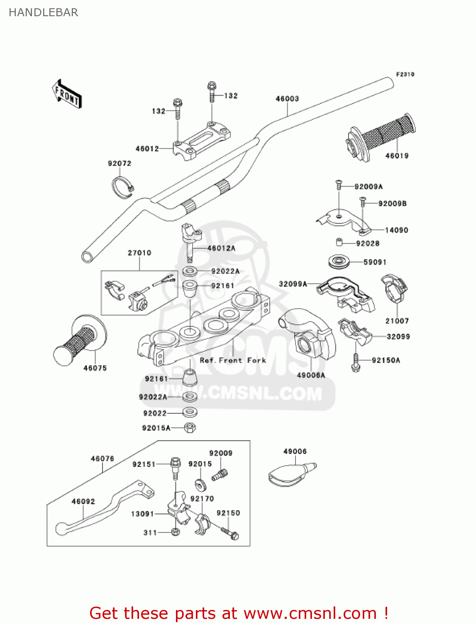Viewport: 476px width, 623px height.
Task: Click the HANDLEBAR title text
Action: click(x=43, y=12)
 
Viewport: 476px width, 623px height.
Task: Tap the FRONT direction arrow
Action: click(x=67, y=94)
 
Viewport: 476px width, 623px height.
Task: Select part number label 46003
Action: click(x=287, y=99)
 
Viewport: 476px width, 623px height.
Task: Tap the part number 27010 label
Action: click(x=139, y=253)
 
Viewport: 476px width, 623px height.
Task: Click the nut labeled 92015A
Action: click(x=190, y=427)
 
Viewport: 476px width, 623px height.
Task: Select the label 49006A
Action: click(x=311, y=375)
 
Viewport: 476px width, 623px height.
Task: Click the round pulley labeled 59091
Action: click(x=339, y=262)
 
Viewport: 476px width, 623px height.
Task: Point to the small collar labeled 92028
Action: click(x=339, y=242)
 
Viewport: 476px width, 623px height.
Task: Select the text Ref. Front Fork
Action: click(x=233, y=361)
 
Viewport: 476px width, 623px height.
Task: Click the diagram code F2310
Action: click(x=405, y=74)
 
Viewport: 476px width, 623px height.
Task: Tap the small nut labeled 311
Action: click(x=176, y=532)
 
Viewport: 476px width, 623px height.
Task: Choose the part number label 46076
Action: click(x=102, y=459)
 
